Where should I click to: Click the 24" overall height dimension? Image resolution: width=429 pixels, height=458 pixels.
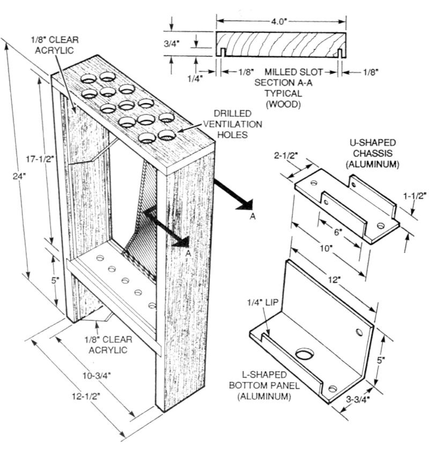pyautogui.click(x=16, y=176)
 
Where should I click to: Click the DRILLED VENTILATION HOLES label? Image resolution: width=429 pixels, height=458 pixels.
pyautogui.click(x=238, y=124)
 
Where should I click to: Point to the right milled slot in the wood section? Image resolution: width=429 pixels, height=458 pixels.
pyautogui.click(x=341, y=52)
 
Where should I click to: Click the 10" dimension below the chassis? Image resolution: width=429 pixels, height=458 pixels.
pyautogui.click(x=322, y=250)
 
